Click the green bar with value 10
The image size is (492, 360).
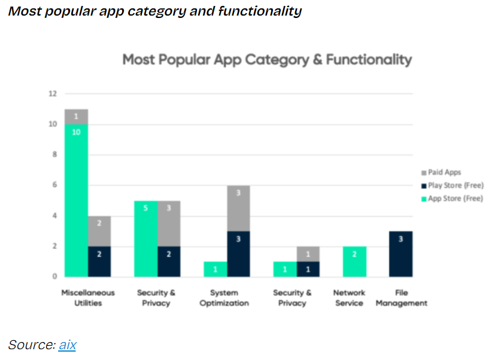77,200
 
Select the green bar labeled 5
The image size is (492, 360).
146,238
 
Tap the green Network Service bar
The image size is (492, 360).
354,261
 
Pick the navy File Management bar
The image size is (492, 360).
400,253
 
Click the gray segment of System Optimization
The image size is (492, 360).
238,208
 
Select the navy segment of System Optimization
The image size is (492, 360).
238,253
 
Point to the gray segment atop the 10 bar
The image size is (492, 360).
77,116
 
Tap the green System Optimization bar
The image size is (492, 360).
215,269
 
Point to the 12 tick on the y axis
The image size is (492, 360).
53,93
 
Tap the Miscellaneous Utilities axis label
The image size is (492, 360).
88,298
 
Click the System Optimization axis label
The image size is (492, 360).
224,298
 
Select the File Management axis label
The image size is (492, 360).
402,298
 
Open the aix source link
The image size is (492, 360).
67,345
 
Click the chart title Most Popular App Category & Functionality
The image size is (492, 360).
267,60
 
